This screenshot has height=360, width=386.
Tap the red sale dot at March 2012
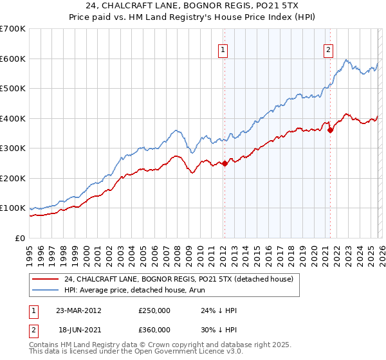pyautogui.click(x=225, y=163)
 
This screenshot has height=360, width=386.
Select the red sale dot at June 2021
pyautogui.click(x=330, y=130)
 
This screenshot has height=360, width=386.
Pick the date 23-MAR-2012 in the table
pyautogui.click(x=78, y=310)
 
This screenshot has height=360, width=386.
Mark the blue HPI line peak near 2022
pyautogui.click(x=347, y=60)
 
